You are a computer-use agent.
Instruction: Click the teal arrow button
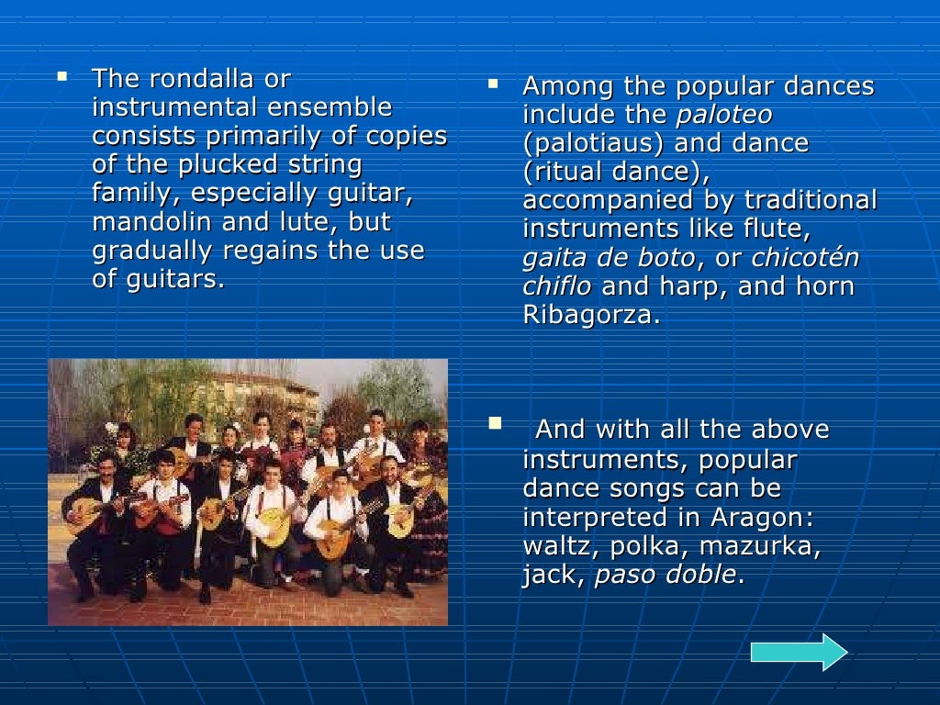[799, 652]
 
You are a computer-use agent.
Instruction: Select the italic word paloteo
[723, 116]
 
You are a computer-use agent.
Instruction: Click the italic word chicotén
[805, 258]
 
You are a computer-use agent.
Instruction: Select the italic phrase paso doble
[666, 576]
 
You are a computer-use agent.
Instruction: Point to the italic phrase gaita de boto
[609, 258]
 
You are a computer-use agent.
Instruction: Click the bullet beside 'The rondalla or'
[62, 75]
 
